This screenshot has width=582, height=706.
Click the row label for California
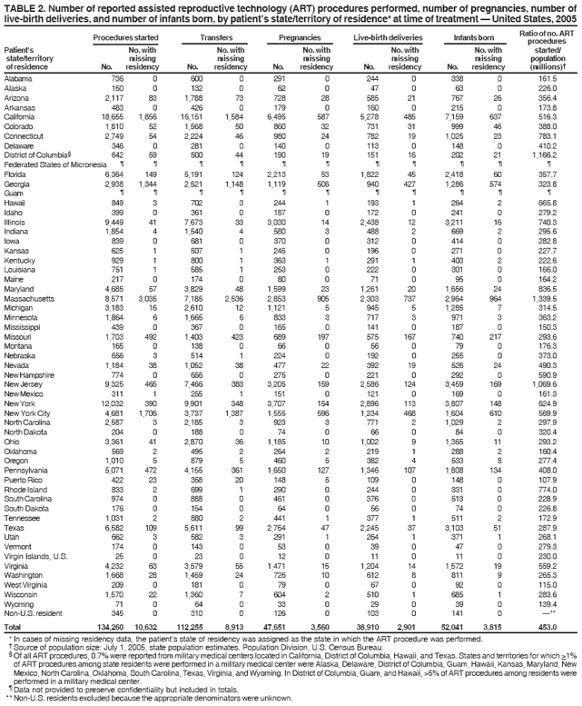coord(23,118)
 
